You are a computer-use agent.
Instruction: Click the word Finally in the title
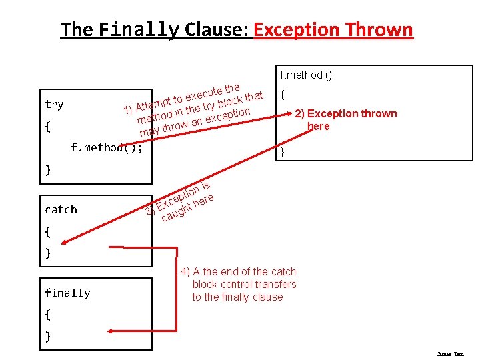click(139, 30)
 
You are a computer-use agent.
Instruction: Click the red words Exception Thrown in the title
click(333, 30)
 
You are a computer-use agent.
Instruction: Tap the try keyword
click(54, 105)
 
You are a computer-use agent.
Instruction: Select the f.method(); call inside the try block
click(107, 147)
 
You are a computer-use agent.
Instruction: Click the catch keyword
click(61, 210)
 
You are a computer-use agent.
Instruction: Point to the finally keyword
click(67, 293)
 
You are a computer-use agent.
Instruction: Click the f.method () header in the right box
click(306, 75)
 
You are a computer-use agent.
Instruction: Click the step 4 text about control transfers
click(238, 284)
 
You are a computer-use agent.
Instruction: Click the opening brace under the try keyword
click(47, 126)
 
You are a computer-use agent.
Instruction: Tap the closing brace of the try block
click(47, 169)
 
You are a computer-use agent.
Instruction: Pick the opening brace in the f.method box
click(283, 95)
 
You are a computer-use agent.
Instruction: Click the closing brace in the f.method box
click(283, 152)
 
